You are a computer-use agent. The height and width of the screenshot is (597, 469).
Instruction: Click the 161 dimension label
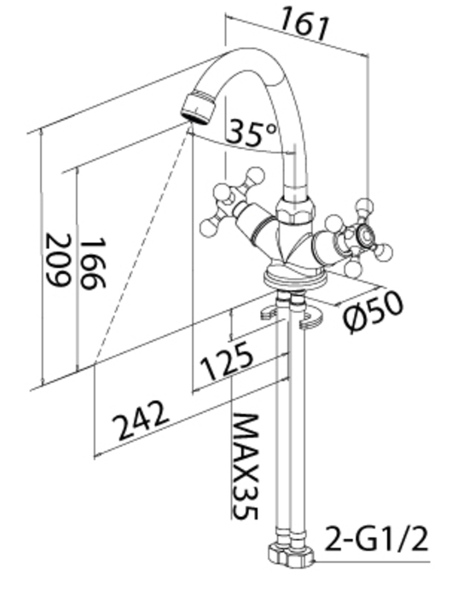click(x=304, y=25)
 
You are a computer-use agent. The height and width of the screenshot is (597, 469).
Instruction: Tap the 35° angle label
click(x=252, y=132)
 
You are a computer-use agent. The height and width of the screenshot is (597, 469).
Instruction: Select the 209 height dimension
click(x=58, y=260)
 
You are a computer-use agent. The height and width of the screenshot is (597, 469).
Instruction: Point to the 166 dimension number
click(x=92, y=264)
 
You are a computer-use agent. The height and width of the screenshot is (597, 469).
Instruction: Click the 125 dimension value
click(x=227, y=360)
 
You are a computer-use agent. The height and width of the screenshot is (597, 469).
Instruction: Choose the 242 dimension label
click(x=141, y=420)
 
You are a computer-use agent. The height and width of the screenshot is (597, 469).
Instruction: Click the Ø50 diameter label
click(x=373, y=312)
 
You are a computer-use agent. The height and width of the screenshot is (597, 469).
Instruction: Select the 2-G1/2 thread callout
click(x=376, y=538)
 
